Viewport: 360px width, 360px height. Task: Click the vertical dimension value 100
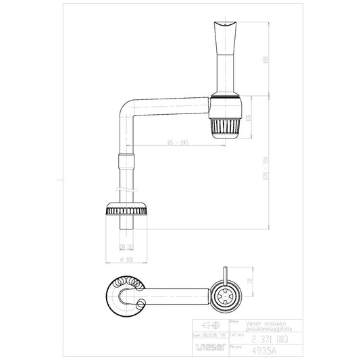pyautogui.click(x=249, y=118)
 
